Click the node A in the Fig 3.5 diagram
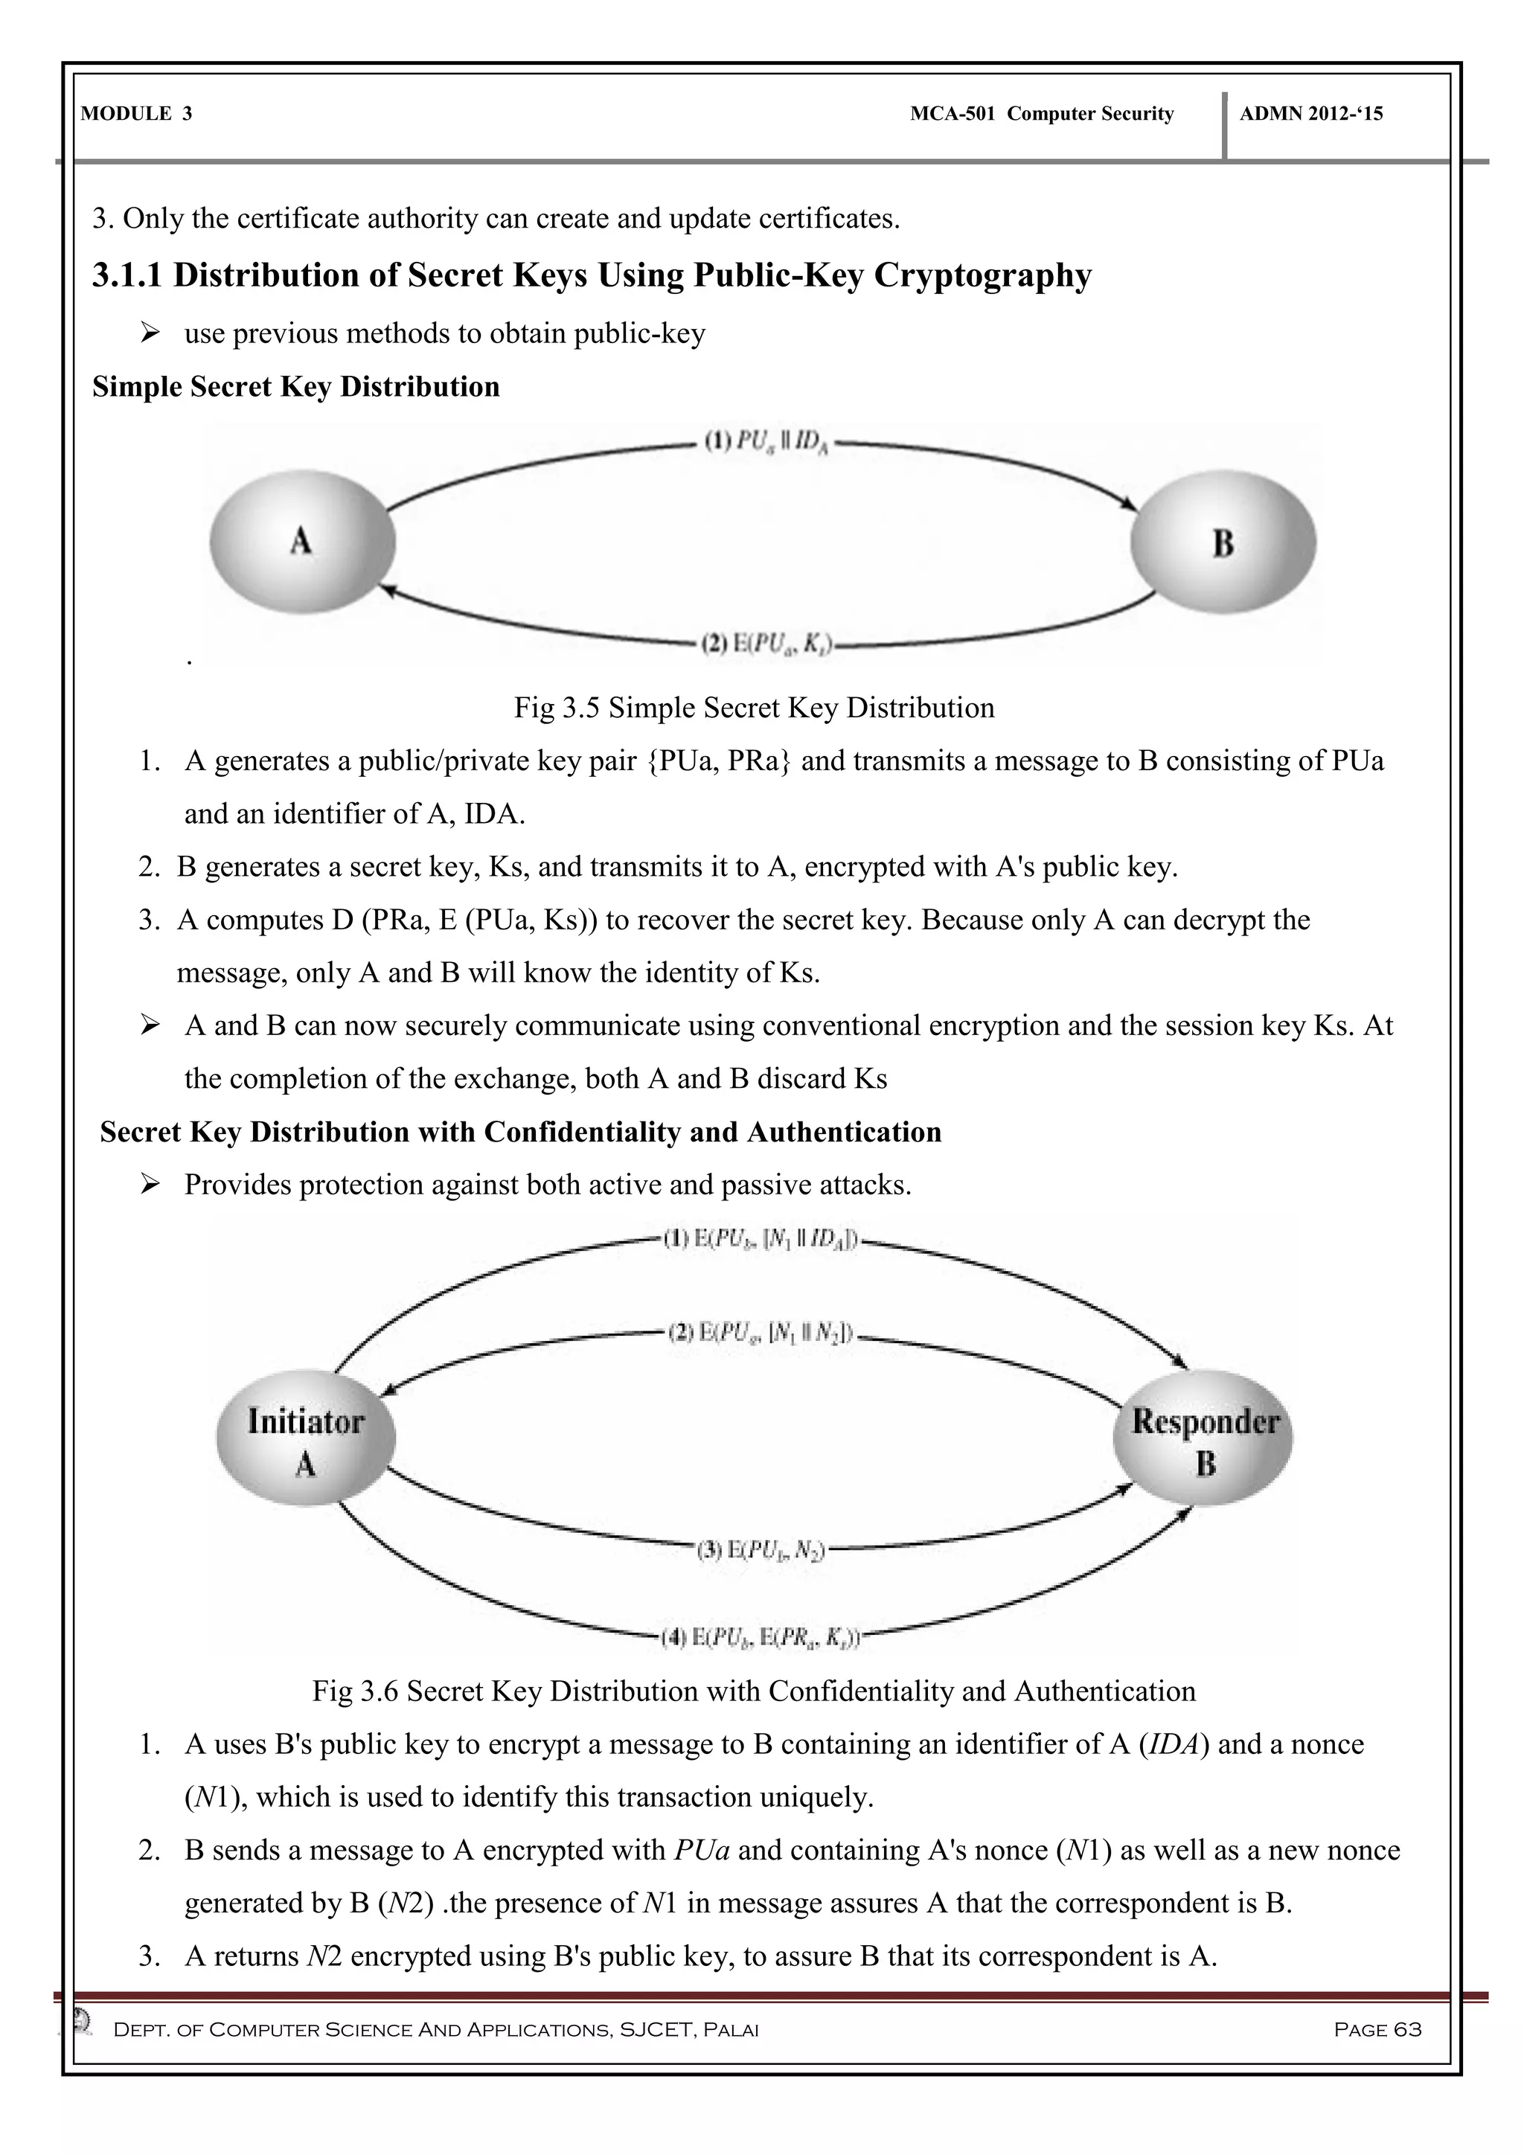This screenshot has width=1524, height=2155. (x=302, y=542)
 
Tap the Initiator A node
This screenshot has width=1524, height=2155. (x=306, y=1443)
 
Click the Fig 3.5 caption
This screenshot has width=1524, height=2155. (x=754, y=707)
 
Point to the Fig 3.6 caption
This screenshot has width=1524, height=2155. (x=754, y=1691)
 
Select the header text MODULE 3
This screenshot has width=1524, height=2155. (x=137, y=115)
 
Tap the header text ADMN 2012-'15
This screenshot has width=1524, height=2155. (x=1311, y=115)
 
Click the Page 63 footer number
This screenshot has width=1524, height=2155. (x=1377, y=2030)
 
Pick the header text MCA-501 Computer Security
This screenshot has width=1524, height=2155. (x=1042, y=115)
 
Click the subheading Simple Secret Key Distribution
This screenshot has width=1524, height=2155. (x=295, y=387)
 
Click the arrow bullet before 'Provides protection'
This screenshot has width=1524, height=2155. (x=150, y=1185)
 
